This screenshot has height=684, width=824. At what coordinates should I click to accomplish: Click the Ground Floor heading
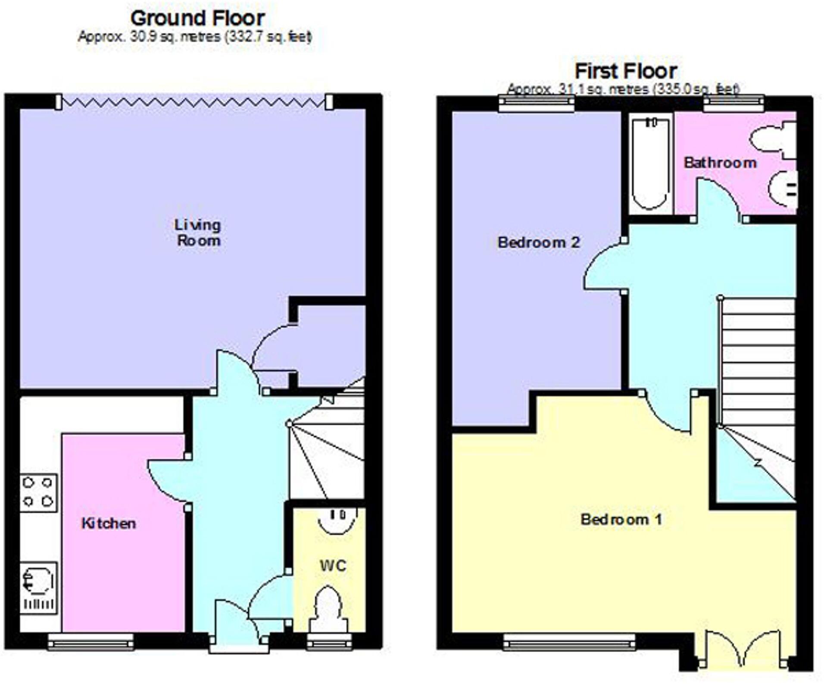click(197, 19)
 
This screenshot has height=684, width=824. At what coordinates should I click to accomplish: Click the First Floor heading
click(626, 71)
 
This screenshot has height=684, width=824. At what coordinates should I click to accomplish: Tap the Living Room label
click(198, 232)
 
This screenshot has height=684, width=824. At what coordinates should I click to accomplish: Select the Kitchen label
click(109, 523)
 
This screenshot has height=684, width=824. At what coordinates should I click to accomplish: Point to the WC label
click(333, 565)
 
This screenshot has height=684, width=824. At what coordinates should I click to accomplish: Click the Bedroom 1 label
click(621, 519)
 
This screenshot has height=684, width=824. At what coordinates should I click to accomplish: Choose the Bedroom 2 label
click(539, 242)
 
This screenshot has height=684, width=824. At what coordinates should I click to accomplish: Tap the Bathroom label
click(720, 163)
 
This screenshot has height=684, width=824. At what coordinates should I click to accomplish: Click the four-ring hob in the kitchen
click(38, 493)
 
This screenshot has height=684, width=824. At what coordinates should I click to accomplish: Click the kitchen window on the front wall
click(91, 641)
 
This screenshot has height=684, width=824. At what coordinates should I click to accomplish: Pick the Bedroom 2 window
click(537, 104)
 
